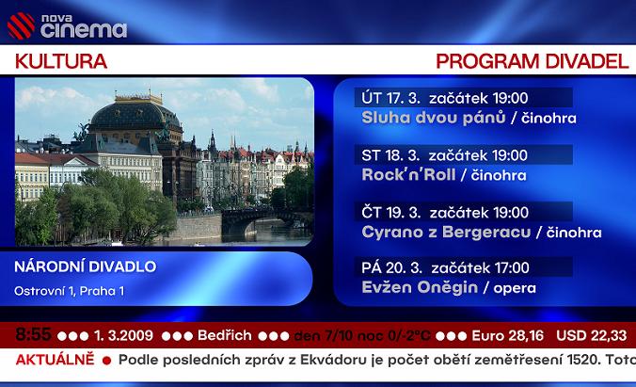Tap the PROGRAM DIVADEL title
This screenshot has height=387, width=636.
[532, 62]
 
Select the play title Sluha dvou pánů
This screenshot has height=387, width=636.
[433, 118]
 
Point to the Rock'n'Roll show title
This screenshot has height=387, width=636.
[408, 174]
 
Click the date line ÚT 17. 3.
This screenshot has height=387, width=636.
[390, 98]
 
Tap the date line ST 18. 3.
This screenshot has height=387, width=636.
[390, 154]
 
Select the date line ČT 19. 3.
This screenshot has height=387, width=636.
[390, 212]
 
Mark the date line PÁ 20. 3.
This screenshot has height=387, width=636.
[390, 267]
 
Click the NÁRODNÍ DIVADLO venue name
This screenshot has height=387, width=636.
[86, 266]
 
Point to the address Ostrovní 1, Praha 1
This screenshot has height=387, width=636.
[69, 290]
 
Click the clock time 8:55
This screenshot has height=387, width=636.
[34, 334]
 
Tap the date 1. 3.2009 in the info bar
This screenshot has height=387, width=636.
[125, 335]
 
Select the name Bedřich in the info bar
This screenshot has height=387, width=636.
[223, 335]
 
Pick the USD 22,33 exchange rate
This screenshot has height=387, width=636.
[590, 335]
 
